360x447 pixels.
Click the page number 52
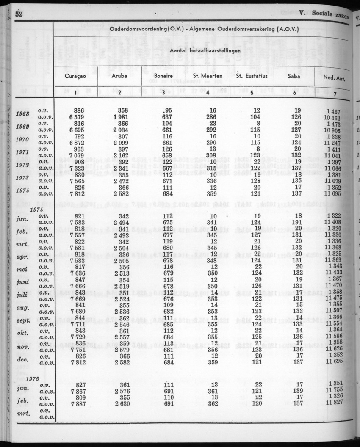coord(18,14)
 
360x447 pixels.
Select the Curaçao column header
coord(76,76)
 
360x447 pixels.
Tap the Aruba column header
coord(120,77)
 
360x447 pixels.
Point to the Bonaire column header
coord(163,77)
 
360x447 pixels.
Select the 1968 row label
coord(22,114)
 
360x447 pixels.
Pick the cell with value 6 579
coord(76,117)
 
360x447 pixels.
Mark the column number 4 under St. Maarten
coord(207,93)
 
